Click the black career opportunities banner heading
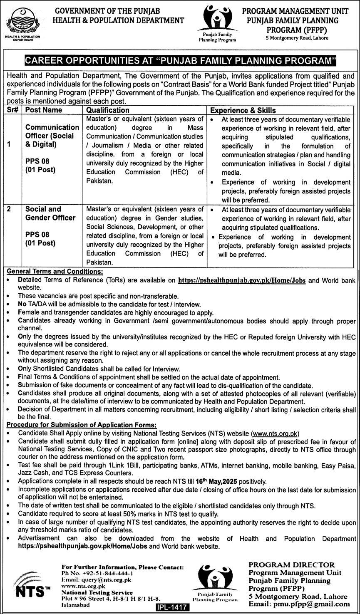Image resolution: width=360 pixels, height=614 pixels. click(x=180, y=61)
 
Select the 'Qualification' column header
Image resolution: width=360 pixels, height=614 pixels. click(x=107, y=110)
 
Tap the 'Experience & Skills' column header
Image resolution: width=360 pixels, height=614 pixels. click(x=243, y=110)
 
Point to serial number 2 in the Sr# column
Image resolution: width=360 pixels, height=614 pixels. click(x=9, y=209)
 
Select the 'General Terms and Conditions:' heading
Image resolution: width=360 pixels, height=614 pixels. click(x=55, y=271)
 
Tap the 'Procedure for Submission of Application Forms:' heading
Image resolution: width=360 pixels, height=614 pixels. click(x=82, y=425)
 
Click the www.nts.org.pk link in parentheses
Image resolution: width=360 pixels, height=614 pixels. click(x=276, y=433)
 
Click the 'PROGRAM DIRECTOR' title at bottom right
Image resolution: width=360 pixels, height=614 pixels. click(x=291, y=564)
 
